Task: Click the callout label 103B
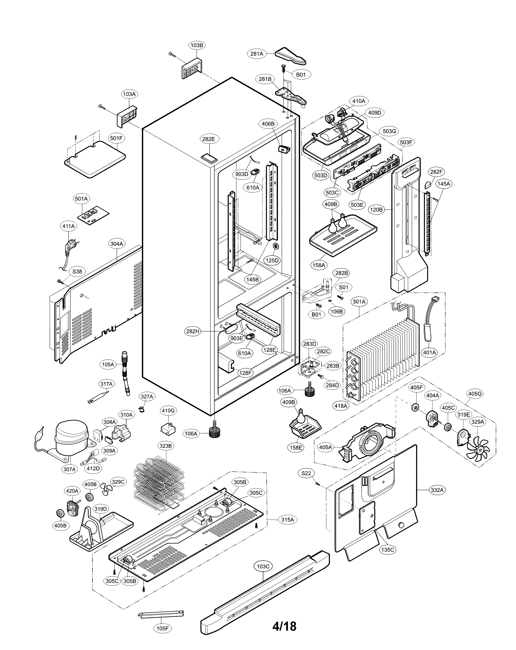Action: [197, 45]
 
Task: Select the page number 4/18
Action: [284, 626]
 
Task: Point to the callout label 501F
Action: [116, 138]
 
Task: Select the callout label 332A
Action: [437, 490]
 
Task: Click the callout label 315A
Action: [287, 519]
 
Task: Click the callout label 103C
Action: [263, 566]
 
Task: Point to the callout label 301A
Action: [359, 301]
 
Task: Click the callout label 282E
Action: [208, 139]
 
